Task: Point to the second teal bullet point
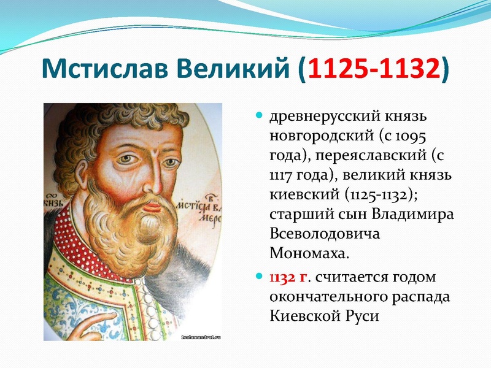tap(259, 277)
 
